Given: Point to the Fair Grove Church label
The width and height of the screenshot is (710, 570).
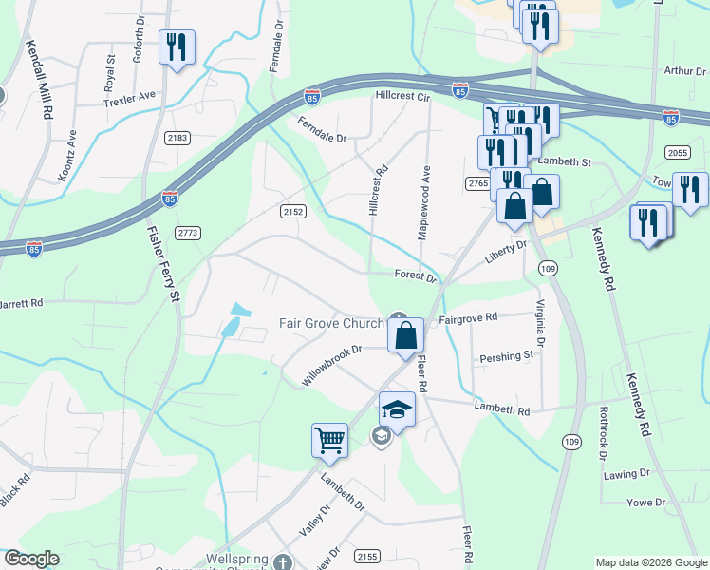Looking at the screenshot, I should pyautogui.click(x=330, y=323).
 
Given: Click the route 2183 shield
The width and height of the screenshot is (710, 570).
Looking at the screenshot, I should pyautogui.click(x=177, y=138).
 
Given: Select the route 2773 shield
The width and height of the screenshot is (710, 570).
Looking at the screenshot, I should pyautogui.click(x=189, y=232).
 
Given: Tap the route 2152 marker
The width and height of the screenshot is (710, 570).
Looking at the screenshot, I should pyautogui.click(x=292, y=211).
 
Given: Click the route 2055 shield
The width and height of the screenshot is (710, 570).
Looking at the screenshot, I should pyautogui.click(x=677, y=153).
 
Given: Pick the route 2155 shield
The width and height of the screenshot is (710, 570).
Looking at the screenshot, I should pyautogui.click(x=367, y=554).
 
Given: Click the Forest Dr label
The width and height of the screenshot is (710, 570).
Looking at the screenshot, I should pyautogui.click(x=416, y=278).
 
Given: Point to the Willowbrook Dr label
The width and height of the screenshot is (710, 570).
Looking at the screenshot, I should pyautogui.click(x=332, y=364).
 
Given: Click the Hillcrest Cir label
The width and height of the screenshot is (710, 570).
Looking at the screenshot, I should pyautogui.click(x=403, y=96).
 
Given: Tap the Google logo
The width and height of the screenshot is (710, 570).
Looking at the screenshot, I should pyautogui.click(x=31, y=559).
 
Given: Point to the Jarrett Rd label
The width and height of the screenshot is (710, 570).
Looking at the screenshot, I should pyautogui.click(x=21, y=304).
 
